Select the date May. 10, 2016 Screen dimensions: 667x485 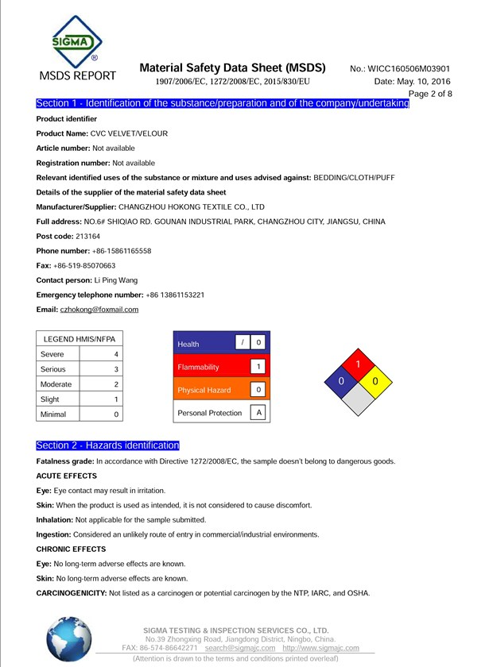pos(422,82)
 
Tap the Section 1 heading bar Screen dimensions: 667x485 pos(223,104)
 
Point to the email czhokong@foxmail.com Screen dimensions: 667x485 pos(99,309)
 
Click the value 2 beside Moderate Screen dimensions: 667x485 pos(116,384)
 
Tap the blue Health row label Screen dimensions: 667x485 pos(189,344)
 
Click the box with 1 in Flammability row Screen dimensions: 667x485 pos(258,366)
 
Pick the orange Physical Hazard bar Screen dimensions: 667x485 pos(204,390)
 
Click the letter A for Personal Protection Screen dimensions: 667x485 pos(258,413)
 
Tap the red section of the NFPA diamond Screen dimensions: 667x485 pos(359,364)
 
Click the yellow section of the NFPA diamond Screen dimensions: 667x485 pos(378,381)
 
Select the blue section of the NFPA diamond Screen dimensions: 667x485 pos(341,382)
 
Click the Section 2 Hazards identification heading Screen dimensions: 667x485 pos(108,445)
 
